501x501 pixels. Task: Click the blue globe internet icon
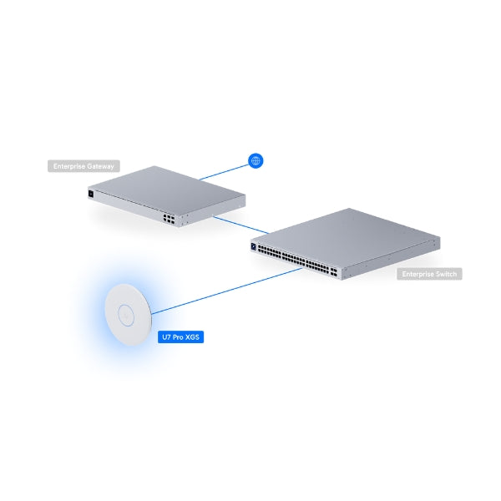(x=256, y=160)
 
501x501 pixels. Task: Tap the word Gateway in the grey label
(x=101, y=166)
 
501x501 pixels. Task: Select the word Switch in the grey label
(x=447, y=274)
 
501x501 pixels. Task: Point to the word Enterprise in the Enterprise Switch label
(x=418, y=274)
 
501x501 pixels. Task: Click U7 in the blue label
(x=166, y=337)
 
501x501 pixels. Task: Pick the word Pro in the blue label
(x=179, y=337)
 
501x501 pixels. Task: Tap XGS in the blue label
(x=192, y=337)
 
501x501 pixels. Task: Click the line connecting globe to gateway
(x=224, y=172)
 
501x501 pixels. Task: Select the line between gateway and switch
(x=241, y=225)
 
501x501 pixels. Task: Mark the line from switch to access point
(x=227, y=291)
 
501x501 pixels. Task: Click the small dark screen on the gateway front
(x=91, y=194)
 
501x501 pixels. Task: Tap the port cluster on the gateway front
(x=169, y=219)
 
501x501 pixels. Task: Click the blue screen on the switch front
(x=254, y=246)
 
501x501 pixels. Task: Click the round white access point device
(x=128, y=315)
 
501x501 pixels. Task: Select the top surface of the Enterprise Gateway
(x=167, y=190)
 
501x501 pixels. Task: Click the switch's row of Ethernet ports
(x=298, y=259)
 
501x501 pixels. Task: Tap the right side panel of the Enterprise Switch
(x=391, y=258)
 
